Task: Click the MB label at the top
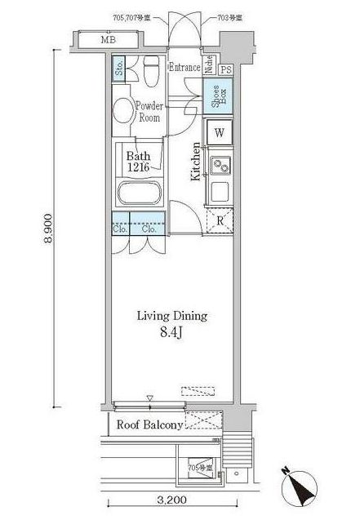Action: [108, 38]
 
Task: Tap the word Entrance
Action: [184, 68]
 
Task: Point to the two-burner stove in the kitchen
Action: [220, 166]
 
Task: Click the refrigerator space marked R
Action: [219, 219]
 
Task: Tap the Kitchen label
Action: [196, 162]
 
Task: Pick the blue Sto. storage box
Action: [119, 69]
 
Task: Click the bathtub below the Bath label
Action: [140, 194]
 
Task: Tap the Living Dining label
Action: [171, 316]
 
